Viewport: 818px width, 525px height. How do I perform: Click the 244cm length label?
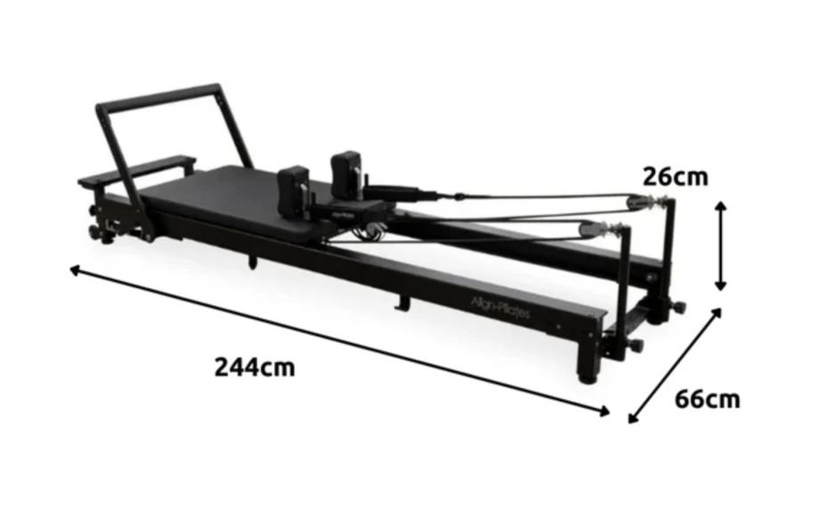[255, 367]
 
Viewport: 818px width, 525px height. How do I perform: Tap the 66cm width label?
[708, 400]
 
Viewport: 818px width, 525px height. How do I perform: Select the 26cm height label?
[675, 177]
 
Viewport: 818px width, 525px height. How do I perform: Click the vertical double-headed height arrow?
[720, 246]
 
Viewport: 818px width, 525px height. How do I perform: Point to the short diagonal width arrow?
[675, 366]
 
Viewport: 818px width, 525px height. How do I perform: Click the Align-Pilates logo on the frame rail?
[500, 308]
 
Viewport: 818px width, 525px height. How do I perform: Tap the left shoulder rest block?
[294, 190]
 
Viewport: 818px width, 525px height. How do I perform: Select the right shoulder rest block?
[346, 174]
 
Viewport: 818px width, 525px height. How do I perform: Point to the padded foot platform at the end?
[137, 170]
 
